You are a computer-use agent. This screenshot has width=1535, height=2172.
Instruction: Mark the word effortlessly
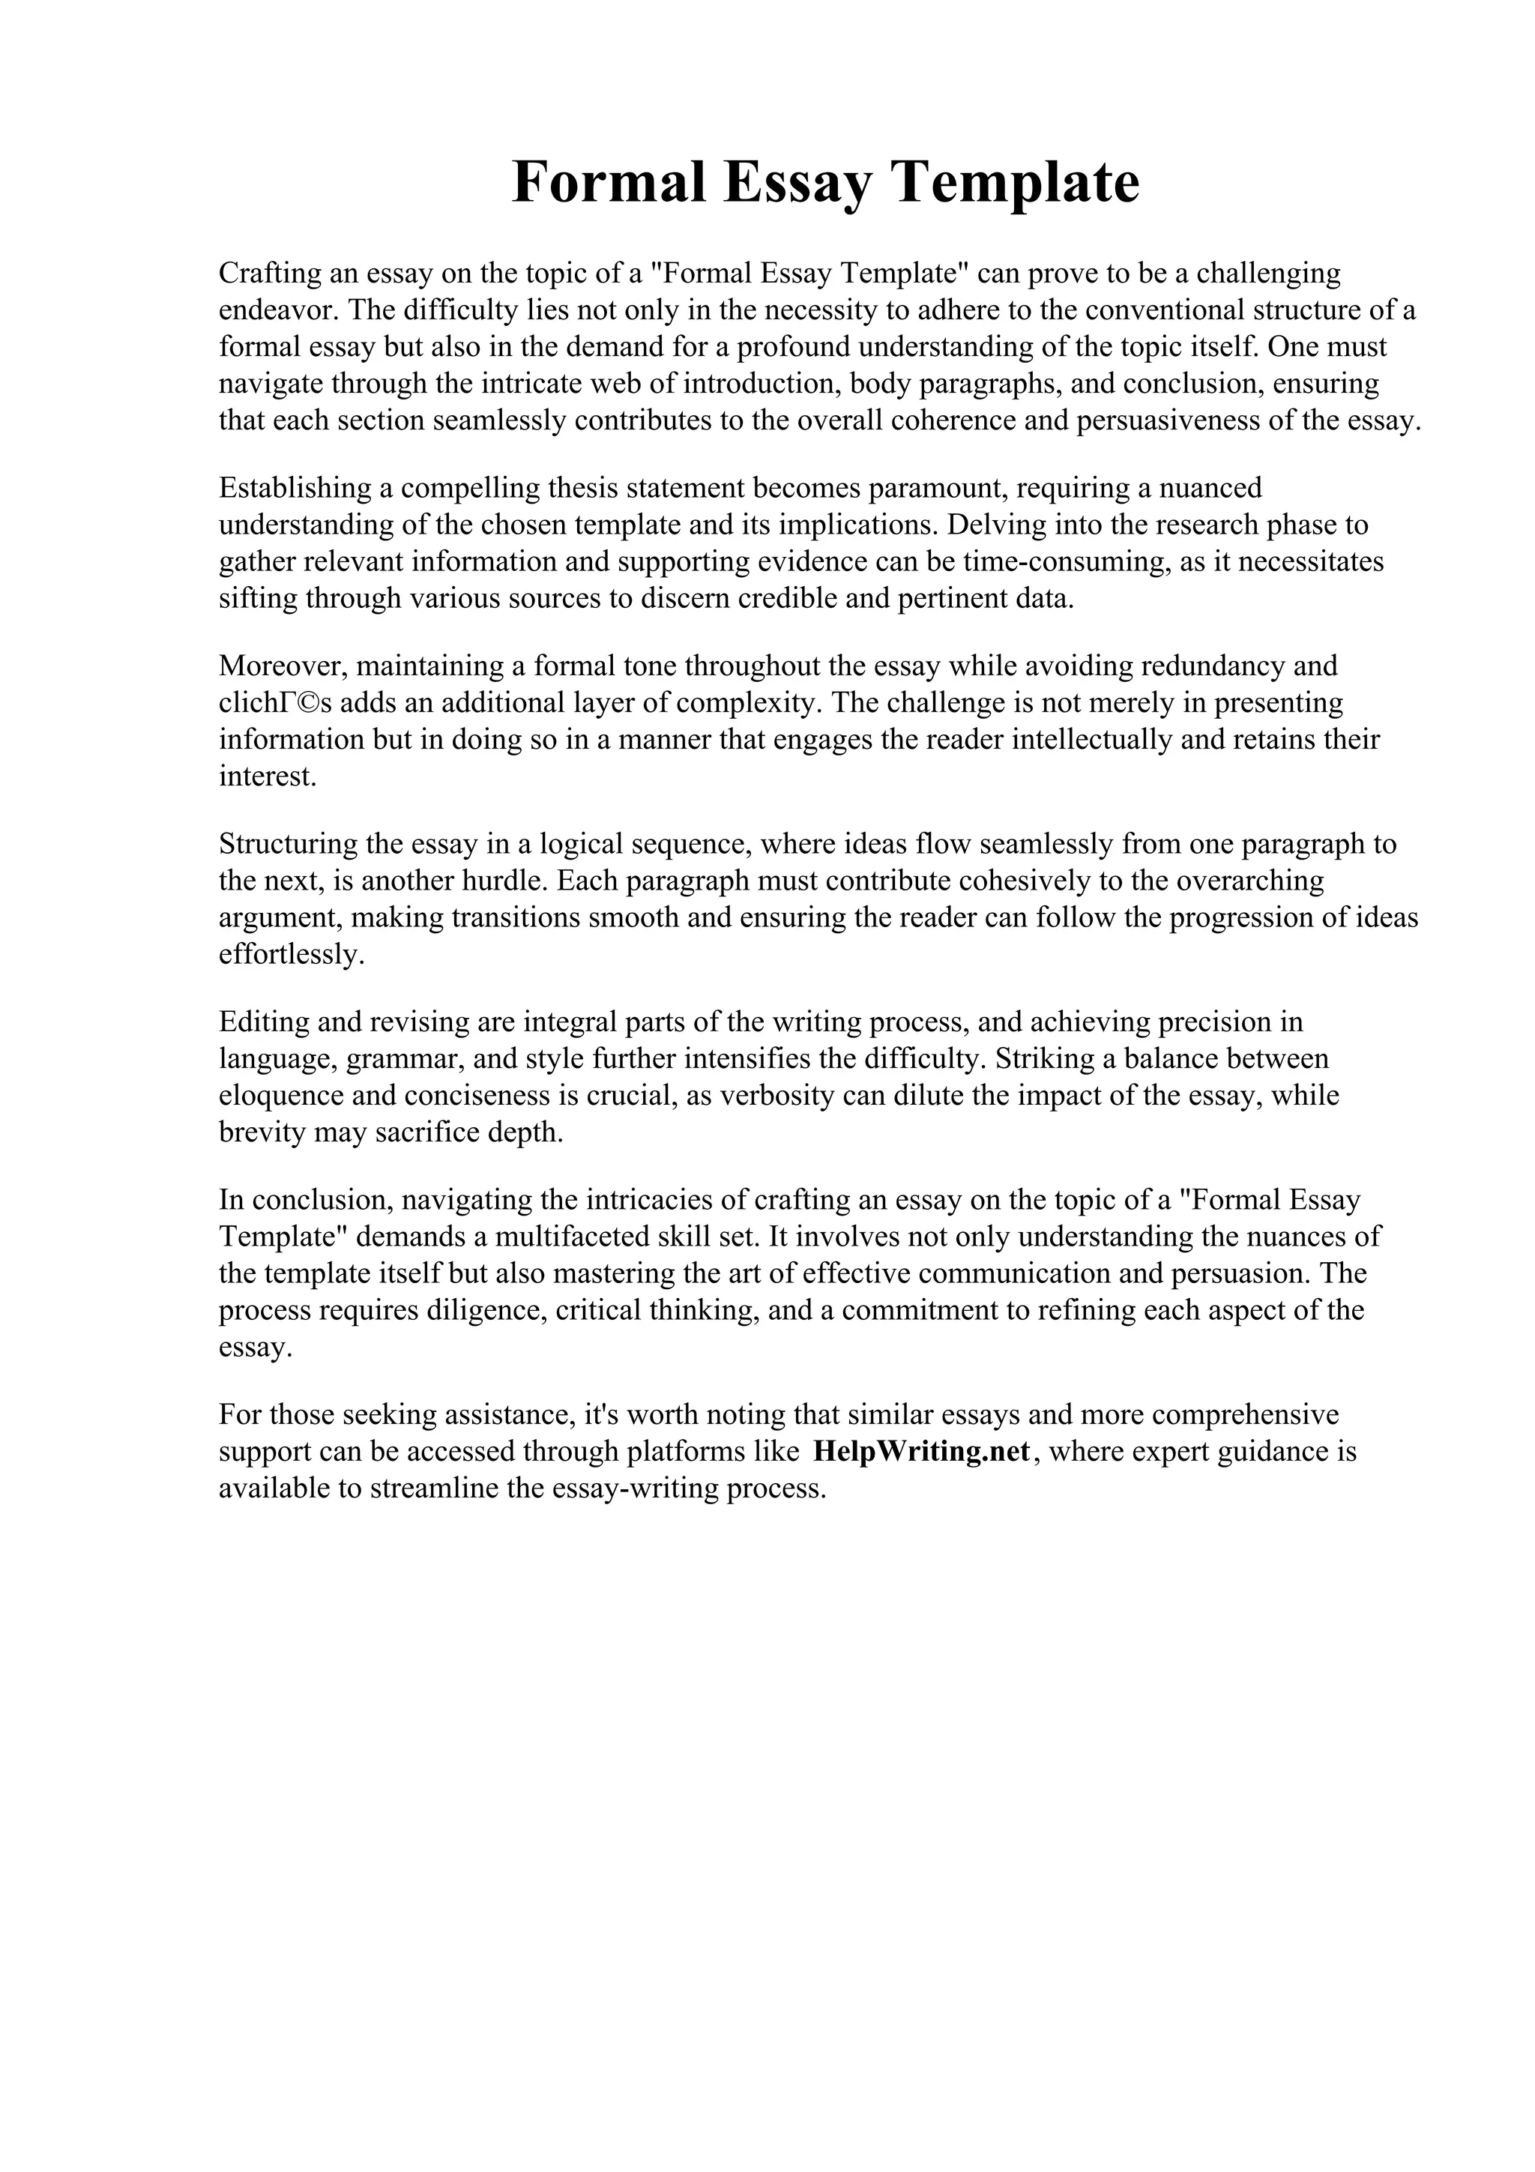pyautogui.click(x=290, y=955)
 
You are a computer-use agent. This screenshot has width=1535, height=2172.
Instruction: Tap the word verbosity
pyautogui.click(x=773, y=1096)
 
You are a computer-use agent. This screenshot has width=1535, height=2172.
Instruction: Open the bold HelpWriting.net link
pyautogui.click(x=920, y=1451)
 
